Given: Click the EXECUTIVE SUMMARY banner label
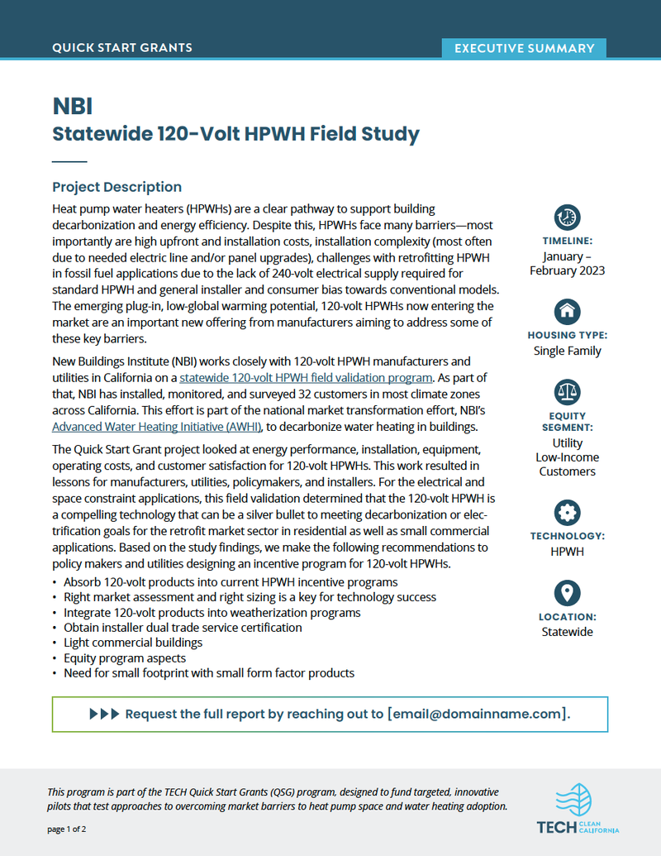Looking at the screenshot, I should click(x=524, y=48).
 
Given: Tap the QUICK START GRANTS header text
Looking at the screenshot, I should click(x=122, y=48).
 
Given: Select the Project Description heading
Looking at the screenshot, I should click(x=117, y=187).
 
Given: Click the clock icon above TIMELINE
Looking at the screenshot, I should click(x=567, y=218).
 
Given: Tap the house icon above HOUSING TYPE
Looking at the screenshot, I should click(x=567, y=312).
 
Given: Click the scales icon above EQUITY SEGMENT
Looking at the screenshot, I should click(x=567, y=392).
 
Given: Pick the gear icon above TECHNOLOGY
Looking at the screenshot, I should click(x=567, y=512).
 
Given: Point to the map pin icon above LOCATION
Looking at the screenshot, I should click(x=567, y=592).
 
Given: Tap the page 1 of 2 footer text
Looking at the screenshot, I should click(x=67, y=829).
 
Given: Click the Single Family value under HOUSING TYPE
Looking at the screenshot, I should click(x=567, y=351).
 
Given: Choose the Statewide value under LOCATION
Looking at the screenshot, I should click(x=567, y=632).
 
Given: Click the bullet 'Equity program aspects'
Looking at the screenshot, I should click(x=125, y=658).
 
